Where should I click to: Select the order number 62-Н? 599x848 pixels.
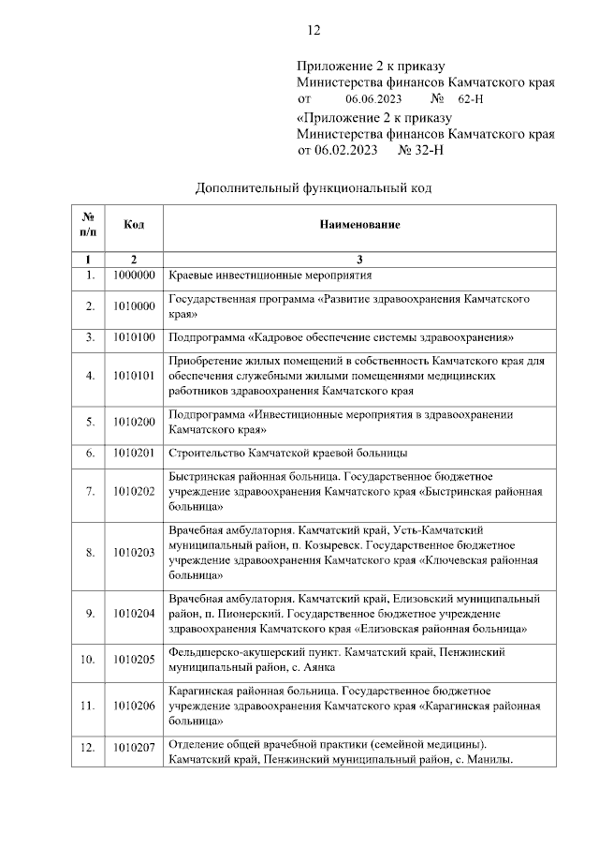tap(471, 98)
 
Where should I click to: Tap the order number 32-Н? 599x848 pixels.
tap(420, 149)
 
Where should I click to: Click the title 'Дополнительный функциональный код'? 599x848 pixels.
tap(314, 187)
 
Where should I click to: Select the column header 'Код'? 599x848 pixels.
tap(134, 225)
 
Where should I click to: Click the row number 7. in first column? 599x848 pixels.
tap(90, 490)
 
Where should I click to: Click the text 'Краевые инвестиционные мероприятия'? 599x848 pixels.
tap(270, 275)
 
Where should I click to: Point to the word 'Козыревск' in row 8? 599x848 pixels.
tap(331, 544)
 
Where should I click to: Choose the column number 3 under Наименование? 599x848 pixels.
tap(359, 259)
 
